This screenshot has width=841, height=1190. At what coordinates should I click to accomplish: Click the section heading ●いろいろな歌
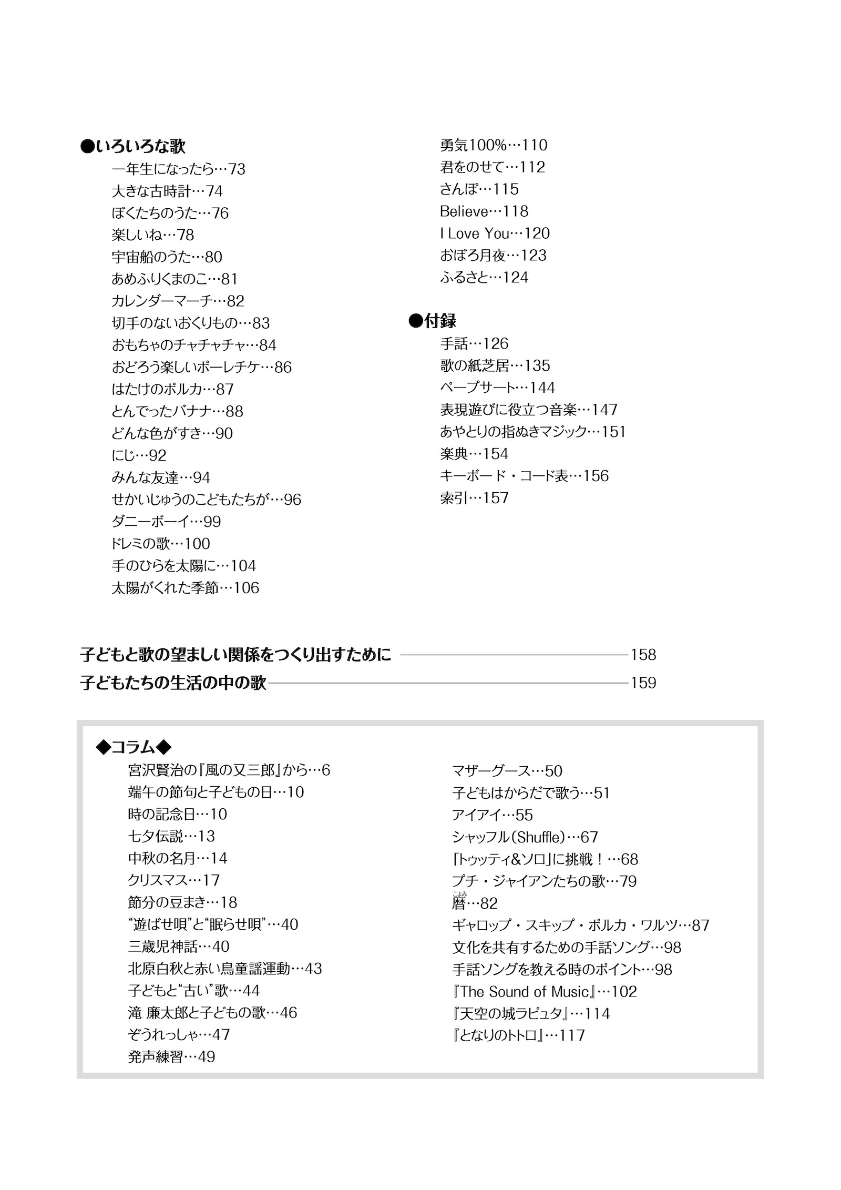point(133,146)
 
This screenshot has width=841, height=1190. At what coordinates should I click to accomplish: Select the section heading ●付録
point(432,321)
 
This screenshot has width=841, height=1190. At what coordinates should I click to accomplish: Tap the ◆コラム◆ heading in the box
point(134,747)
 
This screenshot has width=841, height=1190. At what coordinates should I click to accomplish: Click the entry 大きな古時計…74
point(167,191)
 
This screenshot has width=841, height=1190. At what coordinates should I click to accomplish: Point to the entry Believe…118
point(484,211)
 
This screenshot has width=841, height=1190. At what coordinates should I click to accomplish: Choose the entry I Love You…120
point(495,233)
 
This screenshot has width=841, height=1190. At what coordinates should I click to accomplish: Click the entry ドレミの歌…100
point(160,544)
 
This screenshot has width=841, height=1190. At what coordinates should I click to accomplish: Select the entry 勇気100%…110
point(494,145)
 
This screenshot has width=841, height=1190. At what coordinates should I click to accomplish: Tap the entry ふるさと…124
point(484,278)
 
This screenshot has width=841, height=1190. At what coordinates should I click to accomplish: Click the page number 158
point(643,655)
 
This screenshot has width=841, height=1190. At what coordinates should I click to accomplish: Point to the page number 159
point(643,683)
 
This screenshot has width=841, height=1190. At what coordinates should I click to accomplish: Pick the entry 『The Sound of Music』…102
point(544,992)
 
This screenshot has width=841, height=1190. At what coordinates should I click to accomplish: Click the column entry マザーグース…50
point(507,771)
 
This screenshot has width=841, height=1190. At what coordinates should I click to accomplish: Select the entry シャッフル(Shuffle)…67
point(525,837)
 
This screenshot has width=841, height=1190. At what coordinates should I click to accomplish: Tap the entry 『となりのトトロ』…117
point(518,1036)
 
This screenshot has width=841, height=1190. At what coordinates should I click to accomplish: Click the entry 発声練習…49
point(171,1057)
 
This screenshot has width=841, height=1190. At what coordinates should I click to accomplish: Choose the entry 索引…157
point(474,498)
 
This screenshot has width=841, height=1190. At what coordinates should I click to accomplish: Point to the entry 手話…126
point(474,344)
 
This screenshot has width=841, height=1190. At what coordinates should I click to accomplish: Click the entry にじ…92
point(139,455)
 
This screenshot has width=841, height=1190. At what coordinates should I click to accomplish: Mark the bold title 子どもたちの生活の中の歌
point(173,683)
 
